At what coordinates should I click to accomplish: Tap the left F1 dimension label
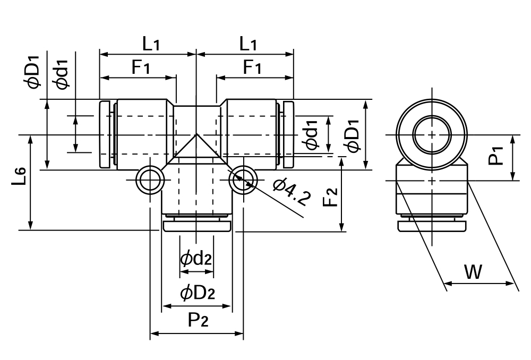pos(141,67)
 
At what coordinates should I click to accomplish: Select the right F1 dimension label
pos(253,67)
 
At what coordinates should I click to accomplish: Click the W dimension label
pos(473,272)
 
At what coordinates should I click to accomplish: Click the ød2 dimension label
pos(196,259)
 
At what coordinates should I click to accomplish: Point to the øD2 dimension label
pos(197,292)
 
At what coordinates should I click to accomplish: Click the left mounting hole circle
pos(149,181)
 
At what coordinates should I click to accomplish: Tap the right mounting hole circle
pos(243,181)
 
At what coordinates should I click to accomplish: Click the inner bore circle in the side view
pos(432,134)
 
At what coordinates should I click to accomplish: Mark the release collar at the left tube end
pos(105,135)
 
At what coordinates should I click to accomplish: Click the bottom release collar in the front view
pos(196,227)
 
